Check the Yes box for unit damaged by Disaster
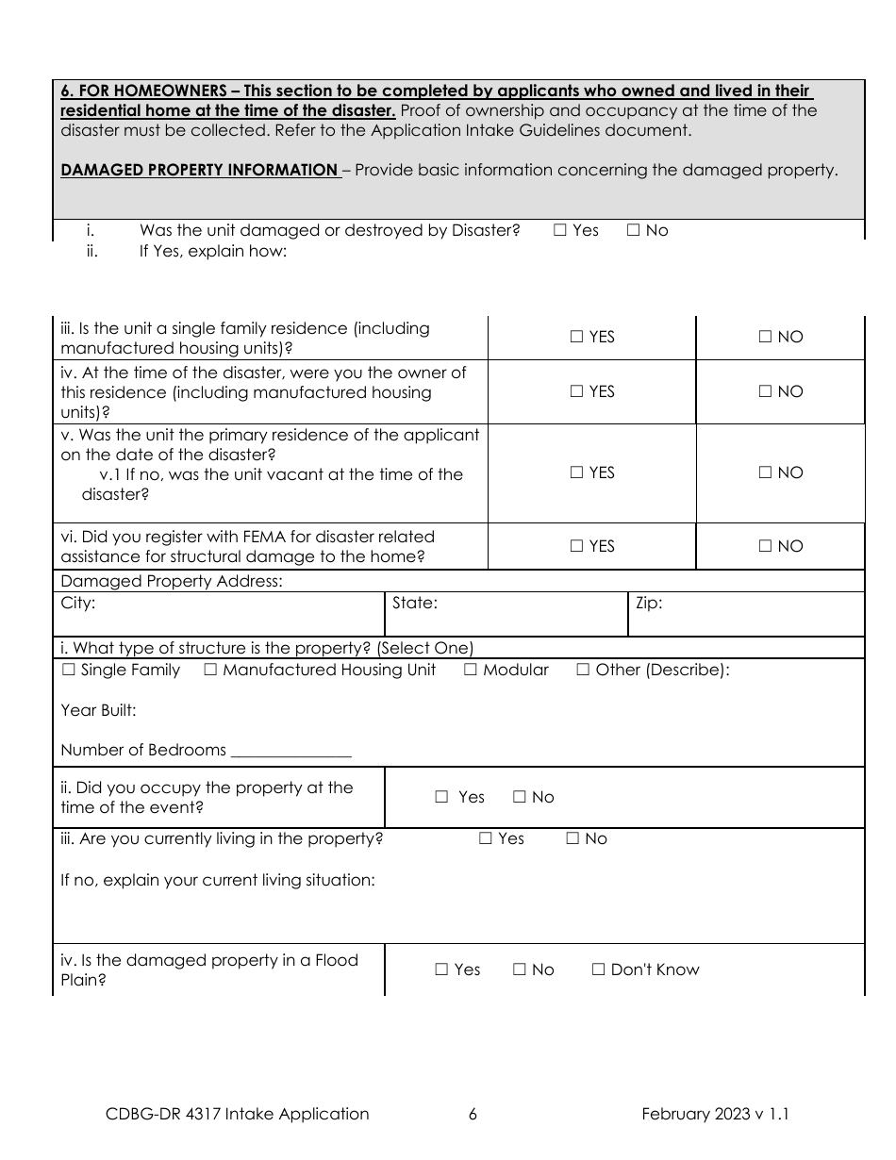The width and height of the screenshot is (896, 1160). coord(560,230)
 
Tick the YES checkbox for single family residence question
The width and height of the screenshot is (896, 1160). coord(576,337)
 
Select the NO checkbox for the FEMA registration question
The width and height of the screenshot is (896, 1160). coord(765,546)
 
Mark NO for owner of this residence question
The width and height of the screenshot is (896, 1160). coord(765,391)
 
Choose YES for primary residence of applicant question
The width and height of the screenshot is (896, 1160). coord(576,472)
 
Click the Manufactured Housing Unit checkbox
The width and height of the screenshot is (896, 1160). coord(210,670)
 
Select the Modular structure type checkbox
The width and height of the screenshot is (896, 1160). coord(471,670)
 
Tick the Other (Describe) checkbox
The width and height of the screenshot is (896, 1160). coord(583,670)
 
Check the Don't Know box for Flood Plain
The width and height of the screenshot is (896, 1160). coord(598,969)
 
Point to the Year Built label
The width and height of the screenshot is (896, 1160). coord(98,710)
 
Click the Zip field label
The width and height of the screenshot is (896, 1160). coord(649,603)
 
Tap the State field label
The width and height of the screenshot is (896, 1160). coord(414,603)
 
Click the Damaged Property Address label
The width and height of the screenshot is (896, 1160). coord(171,581)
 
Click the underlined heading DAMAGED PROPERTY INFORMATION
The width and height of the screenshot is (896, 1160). coord(199,170)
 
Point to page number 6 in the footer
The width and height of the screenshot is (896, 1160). coord(473,1114)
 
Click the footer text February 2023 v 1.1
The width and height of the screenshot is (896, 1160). coord(715,1114)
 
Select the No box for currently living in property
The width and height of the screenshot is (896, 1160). coord(572,838)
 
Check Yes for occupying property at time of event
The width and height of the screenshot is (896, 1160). coord(441,797)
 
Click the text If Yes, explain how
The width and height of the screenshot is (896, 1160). coord(213,251)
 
